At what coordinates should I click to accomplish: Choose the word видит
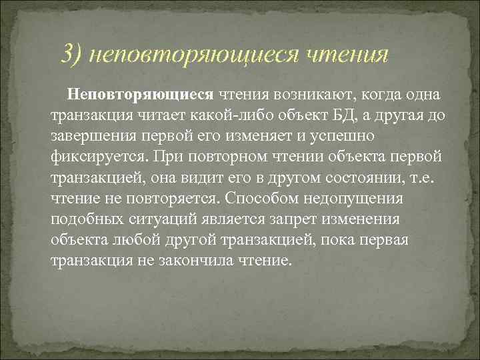(x=212, y=179)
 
